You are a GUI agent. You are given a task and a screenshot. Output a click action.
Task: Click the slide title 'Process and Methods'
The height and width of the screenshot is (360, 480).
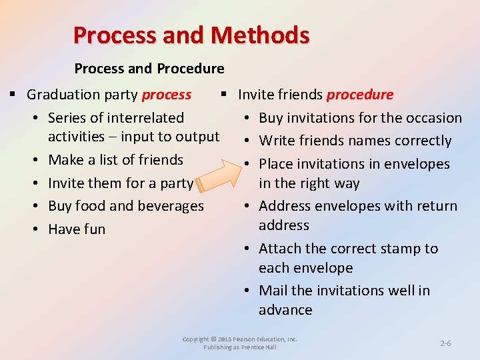point(191,35)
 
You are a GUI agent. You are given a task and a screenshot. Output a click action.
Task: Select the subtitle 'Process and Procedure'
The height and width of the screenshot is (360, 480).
point(149,69)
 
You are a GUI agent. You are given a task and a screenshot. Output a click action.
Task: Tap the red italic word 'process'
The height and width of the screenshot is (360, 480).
point(167,95)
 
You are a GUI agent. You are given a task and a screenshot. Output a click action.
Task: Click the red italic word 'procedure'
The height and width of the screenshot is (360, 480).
point(359,95)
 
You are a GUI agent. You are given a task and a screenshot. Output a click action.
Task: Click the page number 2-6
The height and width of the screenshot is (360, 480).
point(445,343)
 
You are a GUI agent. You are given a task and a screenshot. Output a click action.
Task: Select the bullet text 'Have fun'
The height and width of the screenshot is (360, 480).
point(77,229)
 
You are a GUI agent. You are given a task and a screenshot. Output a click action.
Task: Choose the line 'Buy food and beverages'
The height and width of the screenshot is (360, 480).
point(126,206)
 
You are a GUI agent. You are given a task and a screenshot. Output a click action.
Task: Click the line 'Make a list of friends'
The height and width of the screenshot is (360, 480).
point(115,160)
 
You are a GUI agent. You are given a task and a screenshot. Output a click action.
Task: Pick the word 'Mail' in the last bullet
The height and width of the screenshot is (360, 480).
point(273,291)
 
